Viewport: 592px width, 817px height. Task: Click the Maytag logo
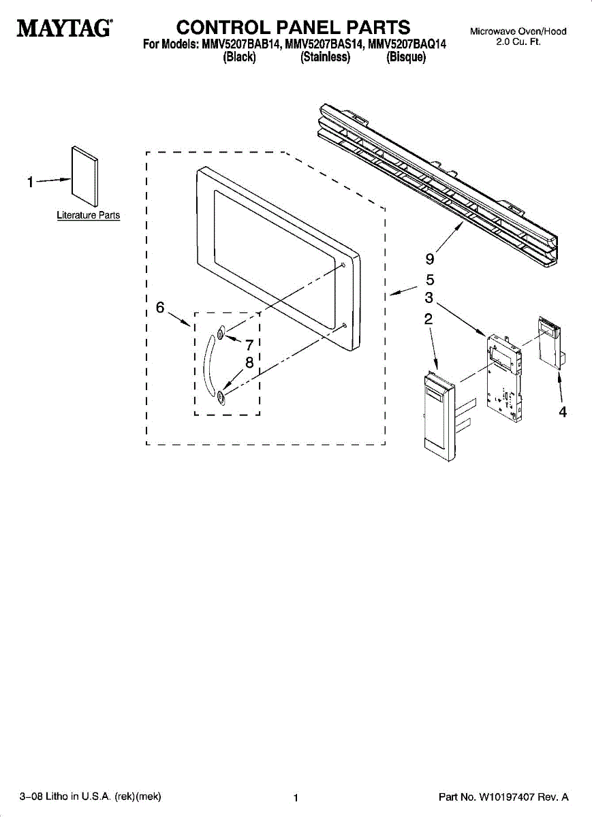(65, 29)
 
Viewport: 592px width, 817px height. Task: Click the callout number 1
(30, 182)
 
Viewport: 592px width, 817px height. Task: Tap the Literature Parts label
(88, 215)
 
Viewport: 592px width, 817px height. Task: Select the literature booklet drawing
(85, 174)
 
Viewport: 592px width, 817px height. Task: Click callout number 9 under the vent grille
(429, 259)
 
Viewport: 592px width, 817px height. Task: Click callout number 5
(430, 279)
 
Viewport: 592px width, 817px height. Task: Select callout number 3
(429, 298)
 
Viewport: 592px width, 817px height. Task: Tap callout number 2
(429, 319)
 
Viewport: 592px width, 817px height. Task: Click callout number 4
(563, 411)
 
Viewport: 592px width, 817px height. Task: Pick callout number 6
(160, 307)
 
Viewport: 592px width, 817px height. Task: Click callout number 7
(249, 345)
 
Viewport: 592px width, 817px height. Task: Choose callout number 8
(249, 363)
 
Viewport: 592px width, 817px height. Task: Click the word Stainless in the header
(326, 58)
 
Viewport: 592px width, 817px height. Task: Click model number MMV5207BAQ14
(407, 46)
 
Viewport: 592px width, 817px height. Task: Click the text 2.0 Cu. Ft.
(518, 42)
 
